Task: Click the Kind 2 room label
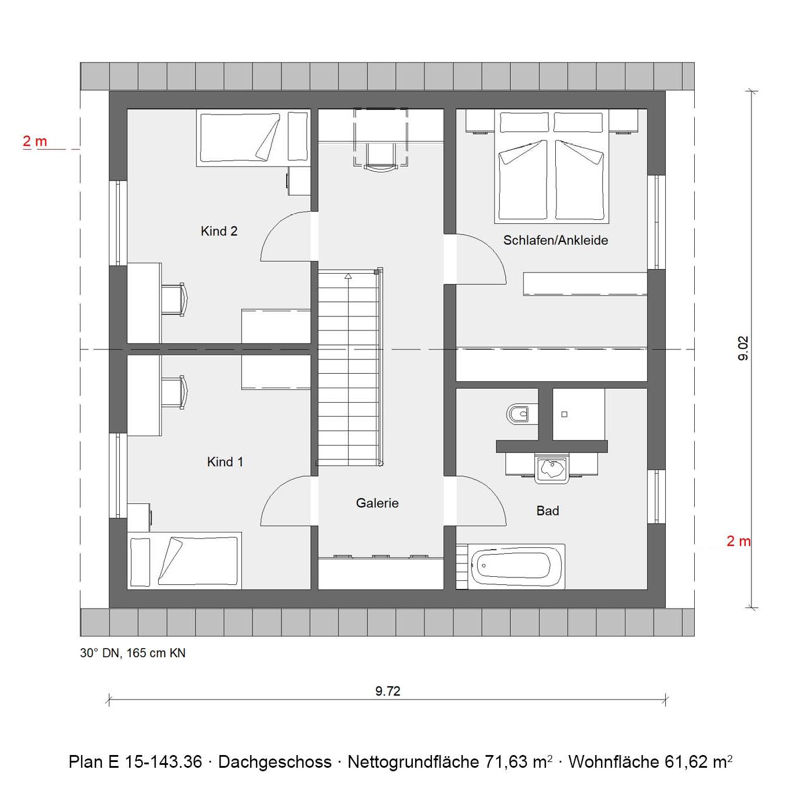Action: pyautogui.click(x=219, y=231)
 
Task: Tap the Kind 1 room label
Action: pyautogui.click(x=225, y=462)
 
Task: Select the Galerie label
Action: pyautogui.click(x=377, y=503)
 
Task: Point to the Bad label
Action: pyautogui.click(x=548, y=511)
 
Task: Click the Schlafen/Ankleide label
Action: pyautogui.click(x=555, y=241)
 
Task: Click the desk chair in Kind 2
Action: pyautogui.click(x=174, y=299)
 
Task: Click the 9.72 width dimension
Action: pyautogui.click(x=387, y=691)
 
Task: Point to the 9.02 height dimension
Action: pyautogui.click(x=743, y=348)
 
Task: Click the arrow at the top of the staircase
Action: pyautogui.click(x=348, y=276)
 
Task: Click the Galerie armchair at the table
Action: pyautogui.click(x=380, y=156)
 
